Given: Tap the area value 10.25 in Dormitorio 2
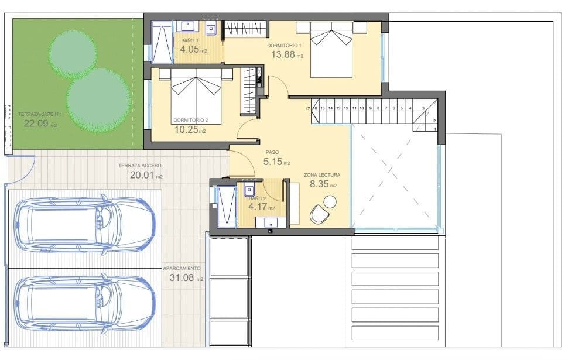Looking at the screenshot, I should tap(187, 130).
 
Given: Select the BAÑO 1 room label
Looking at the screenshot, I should tap(189, 40).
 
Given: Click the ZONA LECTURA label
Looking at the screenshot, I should tap(321, 175).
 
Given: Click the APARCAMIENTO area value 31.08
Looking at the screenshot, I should tap(182, 278).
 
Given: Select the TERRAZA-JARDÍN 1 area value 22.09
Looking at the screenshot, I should tap(36, 124).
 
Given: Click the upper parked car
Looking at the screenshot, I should tap(84, 225).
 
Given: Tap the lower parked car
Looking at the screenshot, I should tap(84, 302).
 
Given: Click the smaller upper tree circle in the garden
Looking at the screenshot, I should tap(73, 52).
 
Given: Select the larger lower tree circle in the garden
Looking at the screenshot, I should tap(98, 100).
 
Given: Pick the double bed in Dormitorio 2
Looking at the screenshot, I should tap(196, 97).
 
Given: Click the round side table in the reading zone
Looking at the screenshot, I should tap(330, 201).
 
